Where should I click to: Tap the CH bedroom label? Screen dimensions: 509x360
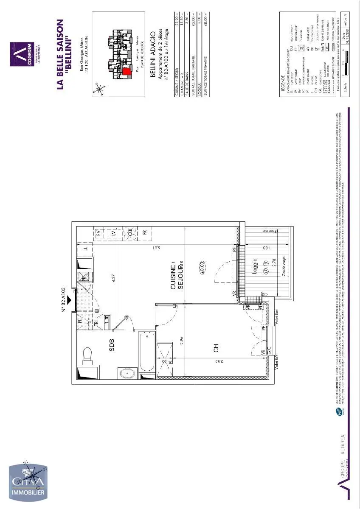[216, 349]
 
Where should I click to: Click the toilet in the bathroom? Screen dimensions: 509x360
[87, 354]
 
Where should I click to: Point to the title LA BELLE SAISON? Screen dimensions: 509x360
[60, 54]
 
